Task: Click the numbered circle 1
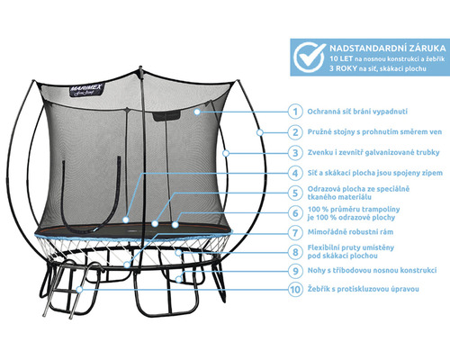point(295,112)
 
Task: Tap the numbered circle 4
point(295,173)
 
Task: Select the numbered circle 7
point(295,232)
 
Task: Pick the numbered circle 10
point(295,290)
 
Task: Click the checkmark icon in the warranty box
point(309,57)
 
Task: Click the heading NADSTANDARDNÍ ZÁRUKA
point(388,48)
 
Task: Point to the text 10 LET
point(341,58)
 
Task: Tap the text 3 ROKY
point(343,68)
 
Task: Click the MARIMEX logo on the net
point(86,90)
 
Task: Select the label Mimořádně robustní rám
point(350,232)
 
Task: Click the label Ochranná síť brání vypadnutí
point(357,112)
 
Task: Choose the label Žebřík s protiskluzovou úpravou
point(363,289)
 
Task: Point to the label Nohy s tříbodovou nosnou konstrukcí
point(372,270)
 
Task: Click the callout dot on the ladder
point(79,290)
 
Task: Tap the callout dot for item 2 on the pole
point(260,132)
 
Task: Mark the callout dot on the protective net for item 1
point(197,112)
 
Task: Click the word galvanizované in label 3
point(389,152)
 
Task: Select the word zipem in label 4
point(431,173)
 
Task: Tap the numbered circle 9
point(295,271)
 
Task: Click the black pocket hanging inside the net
point(166,115)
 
